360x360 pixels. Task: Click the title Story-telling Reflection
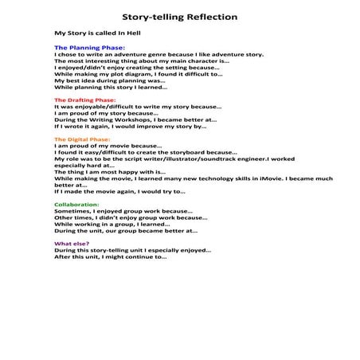tap(179, 17)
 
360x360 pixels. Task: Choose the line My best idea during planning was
tap(110, 80)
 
